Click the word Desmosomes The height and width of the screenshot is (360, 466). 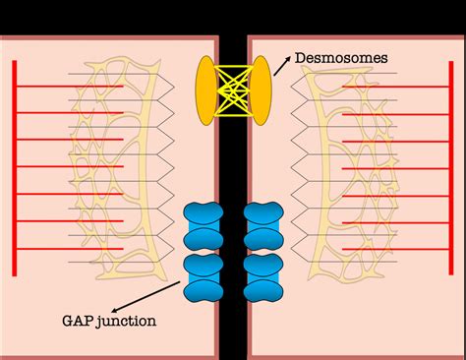pos(341,58)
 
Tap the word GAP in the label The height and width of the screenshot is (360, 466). pos(77,321)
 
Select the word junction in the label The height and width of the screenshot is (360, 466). pos(126,321)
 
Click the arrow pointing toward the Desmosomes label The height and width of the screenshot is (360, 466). pos(282,66)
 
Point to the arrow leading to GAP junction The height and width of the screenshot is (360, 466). pos(146,296)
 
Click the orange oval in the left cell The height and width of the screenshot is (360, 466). pos(205,90)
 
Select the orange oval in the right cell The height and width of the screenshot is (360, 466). pos(262,90)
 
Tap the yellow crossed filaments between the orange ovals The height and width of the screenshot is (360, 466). pos(233,90)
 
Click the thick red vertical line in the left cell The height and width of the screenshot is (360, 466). pos(15,168)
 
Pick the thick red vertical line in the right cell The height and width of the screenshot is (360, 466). pos(451,168)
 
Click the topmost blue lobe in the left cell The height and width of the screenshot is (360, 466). pos(204,213)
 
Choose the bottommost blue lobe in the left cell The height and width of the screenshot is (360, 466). pos(204,291)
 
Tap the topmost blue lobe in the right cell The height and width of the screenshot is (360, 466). pos(263,213)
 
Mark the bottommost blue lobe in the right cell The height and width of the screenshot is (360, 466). pos(263,291)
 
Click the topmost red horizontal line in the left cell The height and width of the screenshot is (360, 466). pos(70,87)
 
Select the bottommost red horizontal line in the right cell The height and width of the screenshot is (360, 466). pos(395,250)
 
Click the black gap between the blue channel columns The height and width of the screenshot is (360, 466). pos(233,253)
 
